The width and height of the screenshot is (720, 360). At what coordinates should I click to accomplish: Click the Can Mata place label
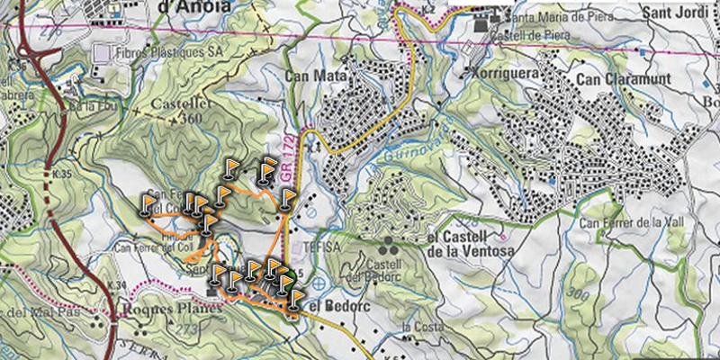(x=310, y=77)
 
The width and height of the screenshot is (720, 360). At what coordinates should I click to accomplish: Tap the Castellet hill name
(x=179, y=105)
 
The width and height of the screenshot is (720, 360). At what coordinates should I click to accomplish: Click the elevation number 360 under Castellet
(x=192, y=119)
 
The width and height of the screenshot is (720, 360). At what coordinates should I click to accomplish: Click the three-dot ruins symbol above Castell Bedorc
(x=389, y=244)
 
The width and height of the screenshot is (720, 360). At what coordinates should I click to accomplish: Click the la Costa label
(x=419, y=325)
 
